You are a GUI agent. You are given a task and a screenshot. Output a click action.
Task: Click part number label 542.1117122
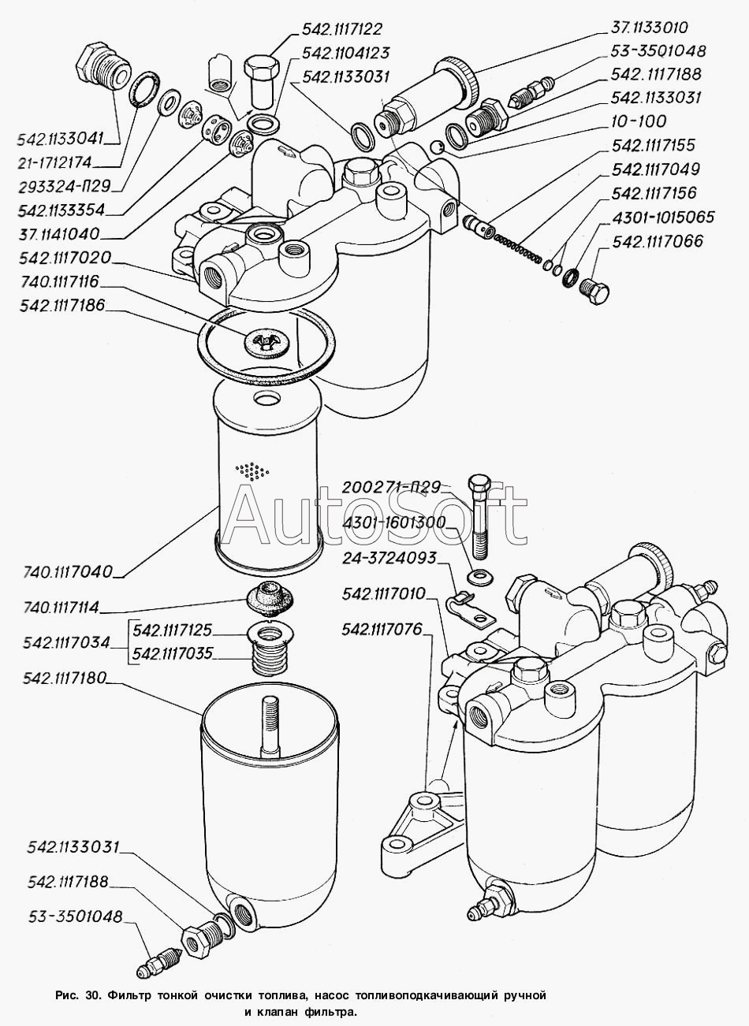tap(341, 30)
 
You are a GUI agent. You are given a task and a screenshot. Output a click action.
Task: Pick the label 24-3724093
tap(389, 558)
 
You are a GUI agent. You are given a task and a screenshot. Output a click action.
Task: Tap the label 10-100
tap(638, 121)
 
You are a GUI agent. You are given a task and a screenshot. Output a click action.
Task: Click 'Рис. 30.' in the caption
tap(77, 995)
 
